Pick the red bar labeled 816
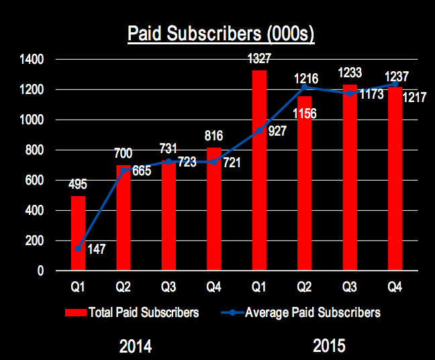(214, 209)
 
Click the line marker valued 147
(79, 249)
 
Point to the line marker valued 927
(259, 131)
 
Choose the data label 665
(141, 171)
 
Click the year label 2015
(328, 347)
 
